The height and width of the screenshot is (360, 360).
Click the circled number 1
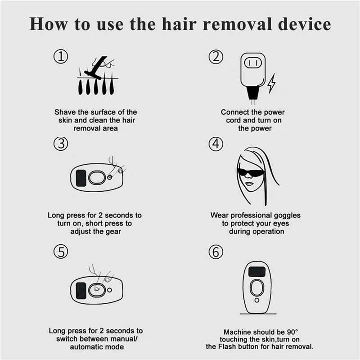(61, 58)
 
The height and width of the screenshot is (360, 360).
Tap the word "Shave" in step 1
(65, 112)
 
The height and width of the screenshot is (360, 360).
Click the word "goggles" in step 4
(285, 215)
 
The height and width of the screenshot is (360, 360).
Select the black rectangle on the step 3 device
(81, 177)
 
